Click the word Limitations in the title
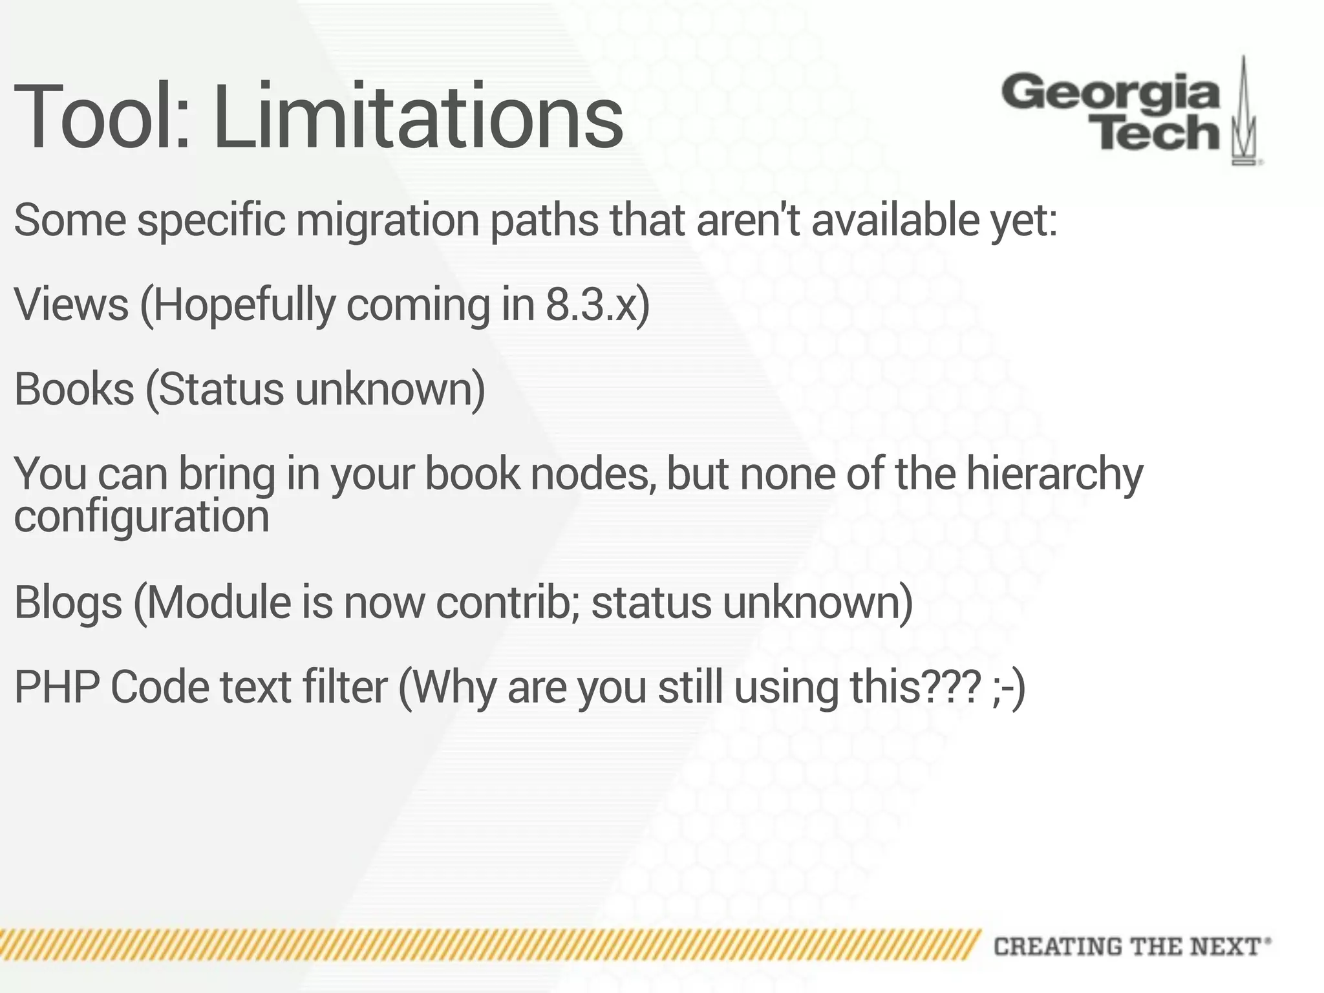pos(418,116)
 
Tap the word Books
pos(74,389)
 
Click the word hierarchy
pos(1054,475)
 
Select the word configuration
pos(142,517)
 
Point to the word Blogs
pos(69,602)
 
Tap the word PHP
pos(56,687)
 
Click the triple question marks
pos(950,687)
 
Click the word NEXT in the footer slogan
pos(1224,947)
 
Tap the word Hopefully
pos(244,306)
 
